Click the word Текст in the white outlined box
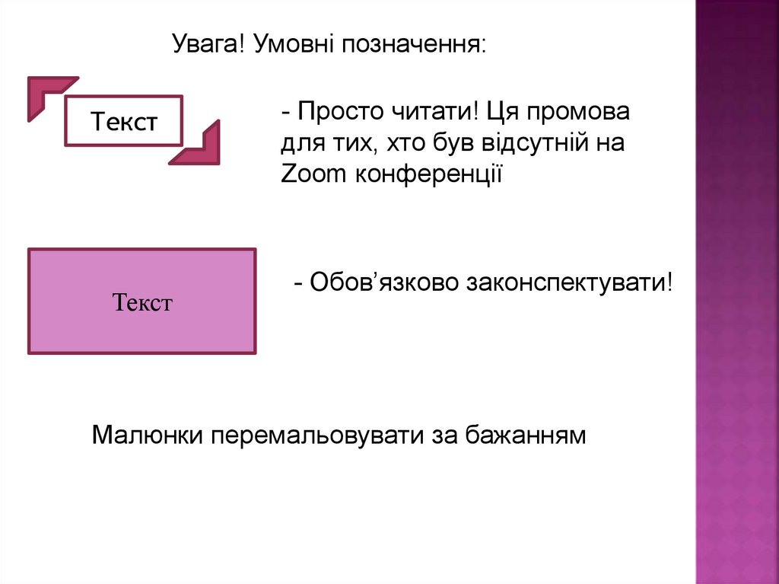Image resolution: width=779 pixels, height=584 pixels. click(125, 121)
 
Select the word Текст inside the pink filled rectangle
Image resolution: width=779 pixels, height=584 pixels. click(143, 303)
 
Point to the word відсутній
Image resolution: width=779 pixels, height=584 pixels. click(528, 143)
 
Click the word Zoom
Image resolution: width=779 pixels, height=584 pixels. click(313, 174)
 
